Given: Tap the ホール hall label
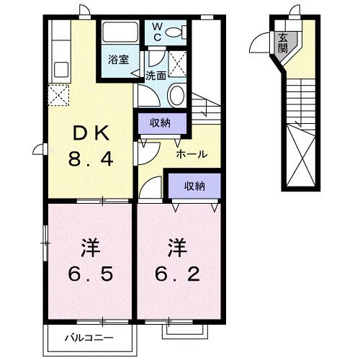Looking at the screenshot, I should click(192, 153).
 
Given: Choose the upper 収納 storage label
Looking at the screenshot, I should click(160, 122).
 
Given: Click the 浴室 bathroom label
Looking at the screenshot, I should click(119, 60).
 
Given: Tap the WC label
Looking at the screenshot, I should click(158, 32).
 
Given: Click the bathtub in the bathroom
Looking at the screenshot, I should click(120, 33).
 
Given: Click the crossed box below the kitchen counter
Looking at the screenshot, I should click(58, 94).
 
